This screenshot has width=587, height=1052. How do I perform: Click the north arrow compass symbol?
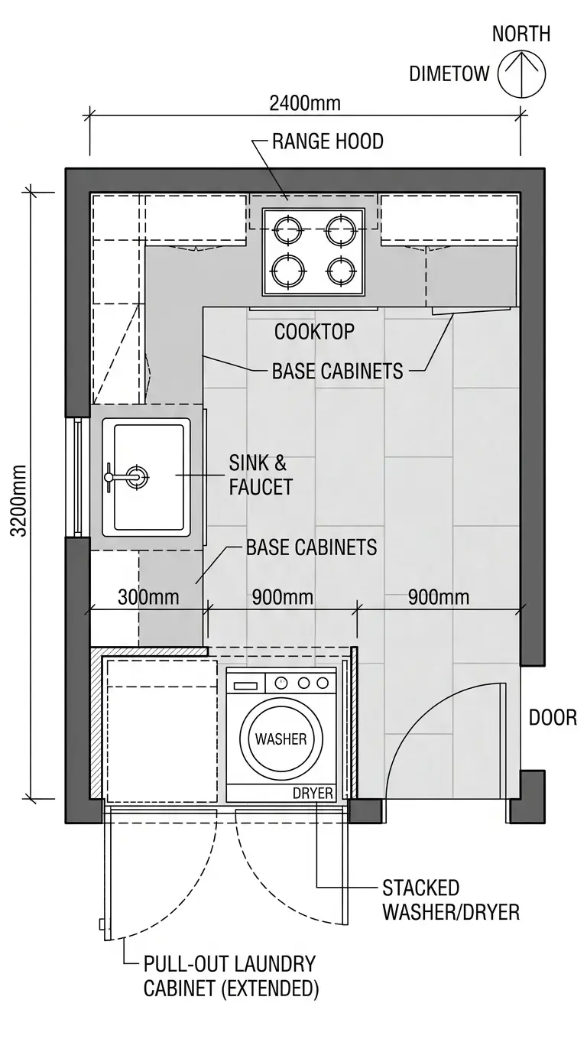point(522,74)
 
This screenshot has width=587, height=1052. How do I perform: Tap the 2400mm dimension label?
point(305,103)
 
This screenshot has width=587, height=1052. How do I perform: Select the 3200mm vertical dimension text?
point(18,500)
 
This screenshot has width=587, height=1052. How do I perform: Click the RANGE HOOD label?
point(328,141)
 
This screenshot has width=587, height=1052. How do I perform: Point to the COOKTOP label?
point(314,332)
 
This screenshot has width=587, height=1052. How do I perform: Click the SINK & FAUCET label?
point(261,475)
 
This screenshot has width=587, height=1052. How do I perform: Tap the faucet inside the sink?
point(128,477)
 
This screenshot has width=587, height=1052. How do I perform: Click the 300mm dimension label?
point(148,597)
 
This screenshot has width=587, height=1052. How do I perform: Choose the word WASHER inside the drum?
point(281,739)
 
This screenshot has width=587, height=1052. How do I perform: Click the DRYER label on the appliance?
point(313,794)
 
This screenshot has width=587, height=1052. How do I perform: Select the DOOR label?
point(553,718)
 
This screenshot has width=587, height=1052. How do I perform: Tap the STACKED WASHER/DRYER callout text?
point(451,900)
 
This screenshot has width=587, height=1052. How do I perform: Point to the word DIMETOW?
point(449,73)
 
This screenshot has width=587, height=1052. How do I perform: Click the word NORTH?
point(521,34)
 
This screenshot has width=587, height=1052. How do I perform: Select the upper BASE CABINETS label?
point(337,372)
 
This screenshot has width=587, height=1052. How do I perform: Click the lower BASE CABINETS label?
point(311,547)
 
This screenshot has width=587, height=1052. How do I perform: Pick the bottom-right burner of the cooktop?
point(341,272)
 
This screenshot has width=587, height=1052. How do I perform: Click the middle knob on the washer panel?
point(303,683)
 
